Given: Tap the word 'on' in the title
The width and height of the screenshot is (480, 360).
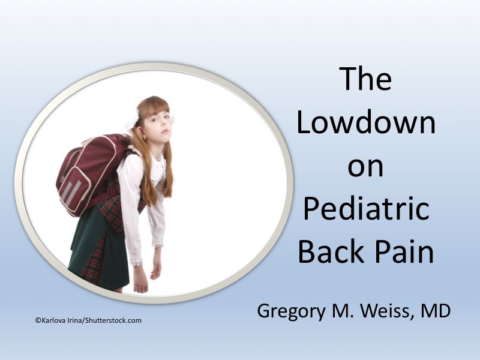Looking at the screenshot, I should click(365, 166).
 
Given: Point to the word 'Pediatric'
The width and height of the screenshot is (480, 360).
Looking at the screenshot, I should click(365, 209).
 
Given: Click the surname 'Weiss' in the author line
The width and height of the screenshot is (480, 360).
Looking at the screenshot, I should click(383, 313).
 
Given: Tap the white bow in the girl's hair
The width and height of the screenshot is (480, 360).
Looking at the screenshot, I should click(131, 123).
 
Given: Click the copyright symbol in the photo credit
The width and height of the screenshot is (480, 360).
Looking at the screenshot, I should click(38, 321).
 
